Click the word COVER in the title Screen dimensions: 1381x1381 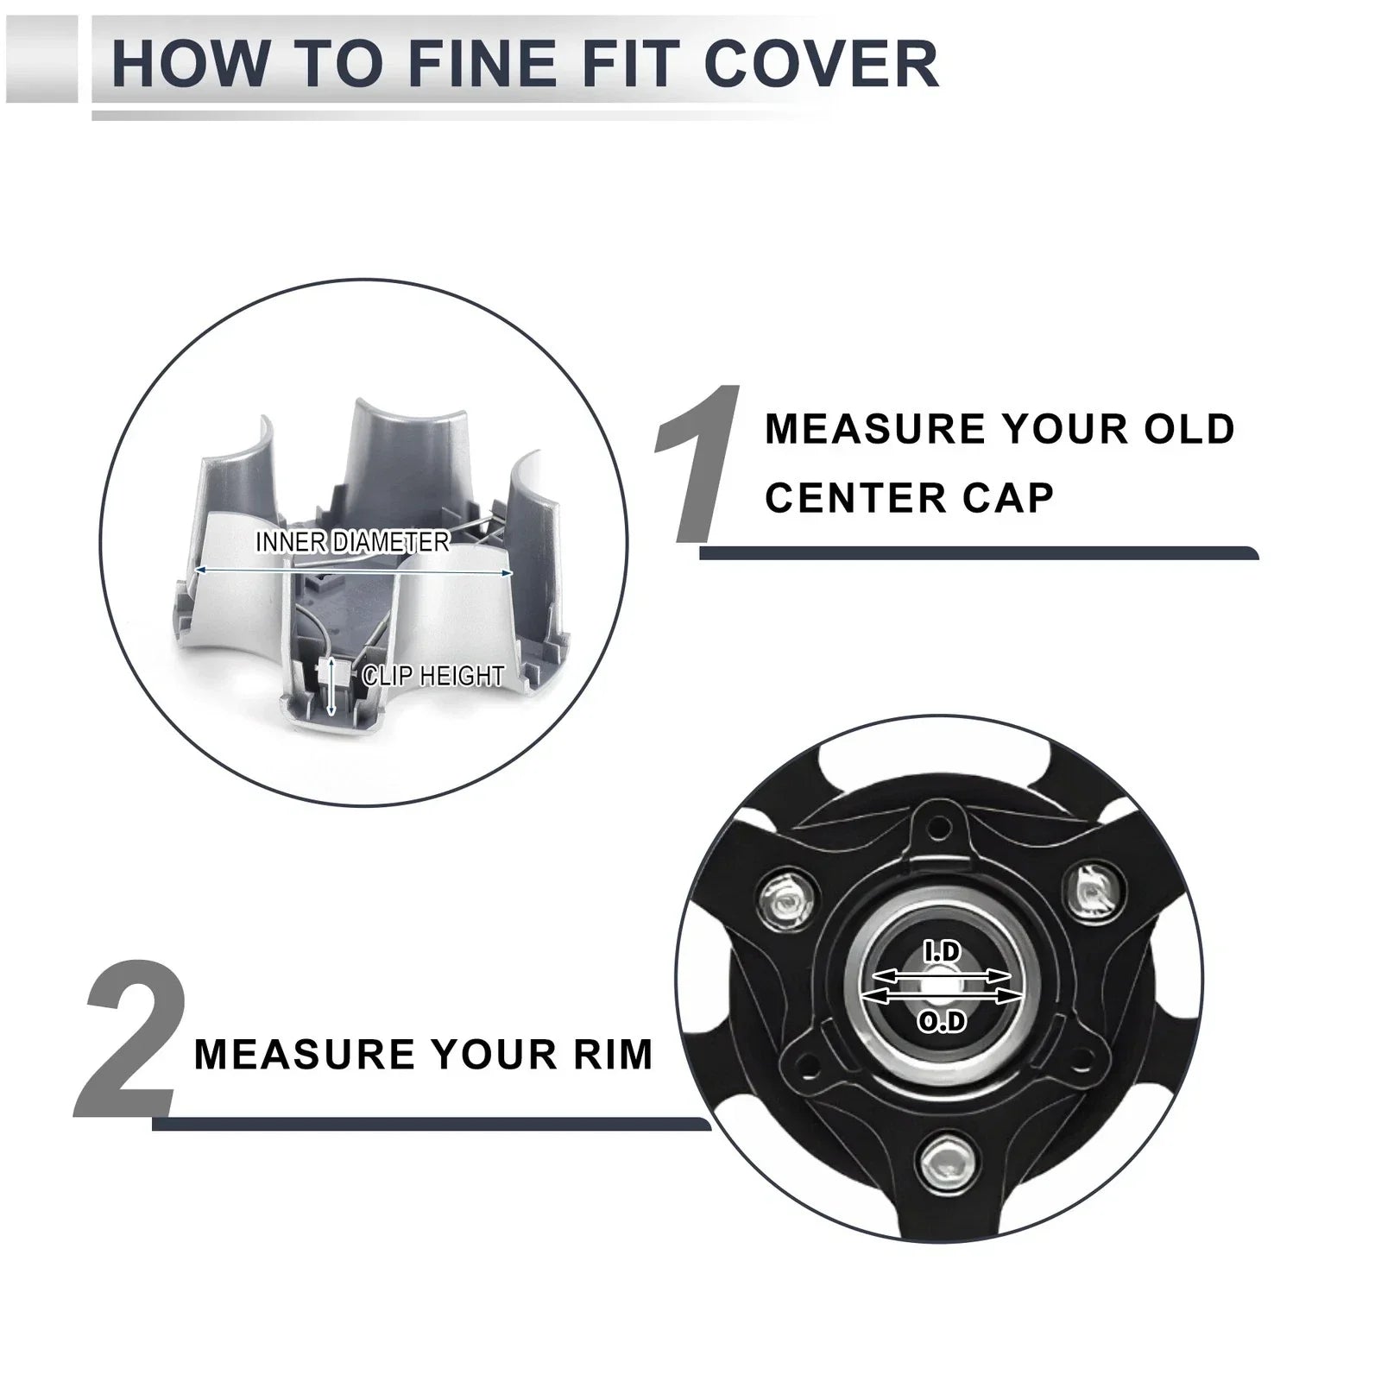pos(821,63)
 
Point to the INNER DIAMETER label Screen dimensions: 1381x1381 pos(352,542)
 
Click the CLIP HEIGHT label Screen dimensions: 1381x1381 pos(433,675)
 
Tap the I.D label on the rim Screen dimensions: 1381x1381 pos(942,953)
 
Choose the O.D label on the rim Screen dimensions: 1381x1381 pos(942,1023)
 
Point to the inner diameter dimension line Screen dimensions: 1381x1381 pos(353,571)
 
